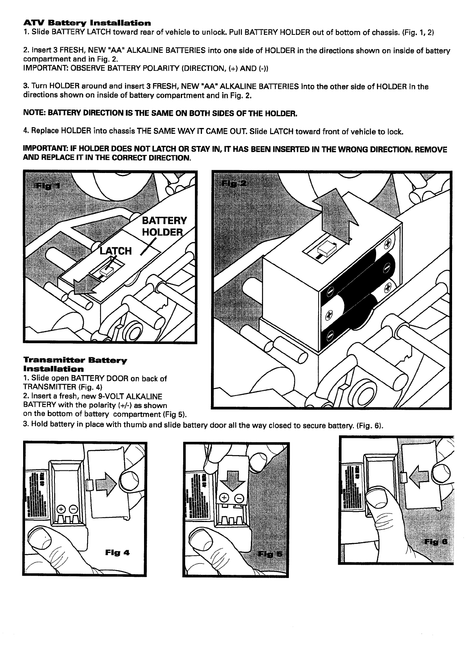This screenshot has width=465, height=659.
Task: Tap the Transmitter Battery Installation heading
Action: [x=75, y=364]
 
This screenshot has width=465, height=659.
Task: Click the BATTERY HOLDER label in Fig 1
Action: [x=164, y=226]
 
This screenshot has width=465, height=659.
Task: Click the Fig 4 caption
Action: [x=117, y=553]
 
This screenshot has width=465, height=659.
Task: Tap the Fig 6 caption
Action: [x=438, y=542]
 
